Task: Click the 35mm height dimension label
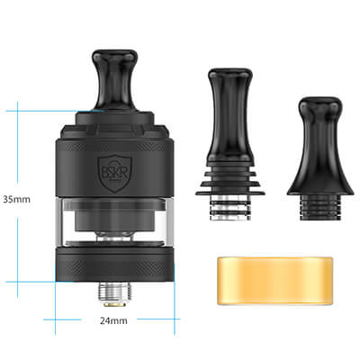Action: (17, 200)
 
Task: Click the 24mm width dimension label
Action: (113, 320)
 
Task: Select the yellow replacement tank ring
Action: (274, 281)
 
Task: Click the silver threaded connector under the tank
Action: (115, 292)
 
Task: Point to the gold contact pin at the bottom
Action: (115, 305)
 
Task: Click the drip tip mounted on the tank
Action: (115, 80)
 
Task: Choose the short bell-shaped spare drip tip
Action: (320, 158)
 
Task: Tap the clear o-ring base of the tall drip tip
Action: (230, 209)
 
